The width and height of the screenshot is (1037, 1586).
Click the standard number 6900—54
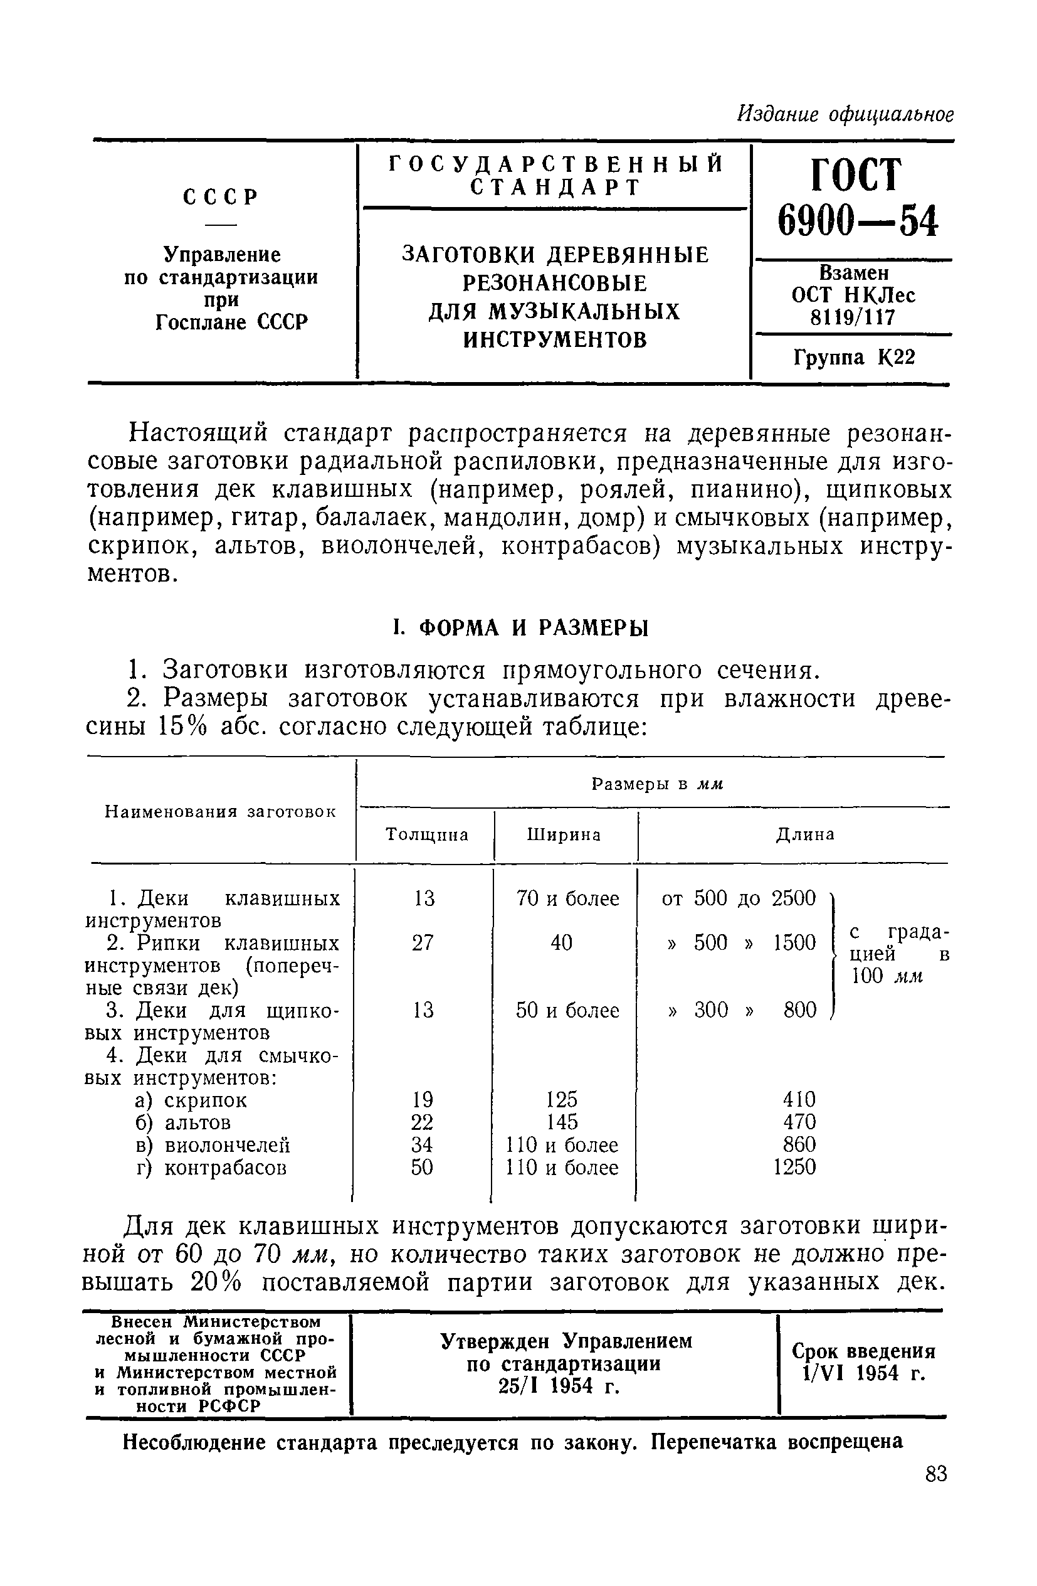(857, 221)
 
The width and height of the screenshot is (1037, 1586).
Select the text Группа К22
(854, 358)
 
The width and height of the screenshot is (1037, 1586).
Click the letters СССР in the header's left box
(220, 197)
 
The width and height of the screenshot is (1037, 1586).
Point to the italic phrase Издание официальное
(845, 115)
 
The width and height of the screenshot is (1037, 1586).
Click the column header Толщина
(427, 835)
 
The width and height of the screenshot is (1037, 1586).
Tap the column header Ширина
(564, 835)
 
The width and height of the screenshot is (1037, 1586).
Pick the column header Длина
(804, 834)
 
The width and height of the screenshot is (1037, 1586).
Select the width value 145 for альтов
(562, 1123)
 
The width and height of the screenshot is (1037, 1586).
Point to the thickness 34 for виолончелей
(422, 1145)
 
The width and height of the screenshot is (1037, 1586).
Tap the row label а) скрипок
(191, 1100)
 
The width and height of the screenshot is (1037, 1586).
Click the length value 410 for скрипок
(799, 1100)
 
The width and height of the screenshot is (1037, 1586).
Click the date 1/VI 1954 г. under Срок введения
(864, 1373)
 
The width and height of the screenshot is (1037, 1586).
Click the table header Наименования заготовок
(221, 812)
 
